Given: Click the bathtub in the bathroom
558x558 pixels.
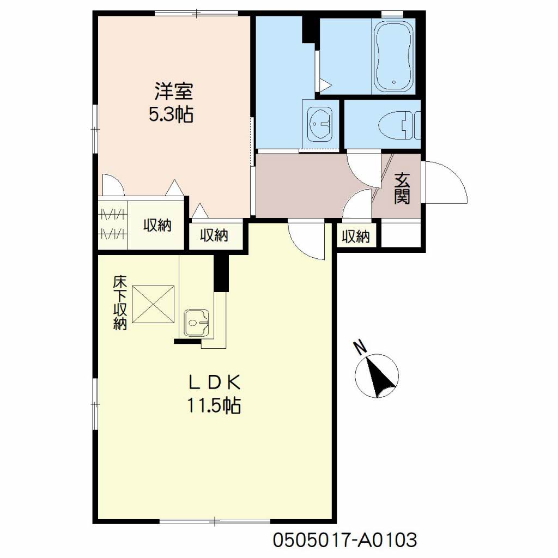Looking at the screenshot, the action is click(x=394, y=56).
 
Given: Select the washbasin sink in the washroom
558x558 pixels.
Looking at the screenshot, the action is click(x=320, y=125).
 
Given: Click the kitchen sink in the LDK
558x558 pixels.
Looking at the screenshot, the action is click(x=196, y=322).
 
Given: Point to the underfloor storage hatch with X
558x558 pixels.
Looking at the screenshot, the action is click(x=153, y=304).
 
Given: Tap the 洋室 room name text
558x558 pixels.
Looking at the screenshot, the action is click(x=173, y=91).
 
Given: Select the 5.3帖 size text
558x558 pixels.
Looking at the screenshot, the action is click(x=171, y=114).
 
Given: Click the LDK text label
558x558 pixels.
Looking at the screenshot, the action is click(x=215, y=383).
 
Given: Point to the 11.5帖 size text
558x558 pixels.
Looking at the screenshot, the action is click(x=214, y=405).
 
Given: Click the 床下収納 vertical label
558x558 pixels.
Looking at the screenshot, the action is click(x=120, y=303).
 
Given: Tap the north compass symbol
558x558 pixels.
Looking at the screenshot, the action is click(x=377, y=376).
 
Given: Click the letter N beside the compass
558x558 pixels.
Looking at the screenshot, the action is click(x=360, y=347).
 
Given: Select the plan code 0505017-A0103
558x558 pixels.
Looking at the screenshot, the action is click(x=345, y=540).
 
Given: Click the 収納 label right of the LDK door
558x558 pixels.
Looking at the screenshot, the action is click(x=356, y=236).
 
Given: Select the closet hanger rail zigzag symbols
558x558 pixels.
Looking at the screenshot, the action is click(x=113, y=224).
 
